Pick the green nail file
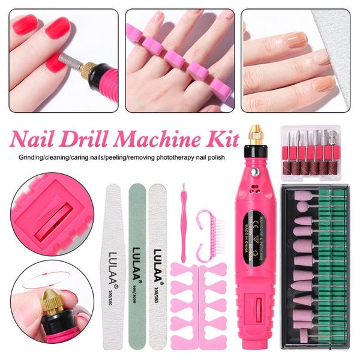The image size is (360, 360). (x=137, y=264)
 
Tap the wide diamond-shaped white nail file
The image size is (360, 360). (x=113, y=264)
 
